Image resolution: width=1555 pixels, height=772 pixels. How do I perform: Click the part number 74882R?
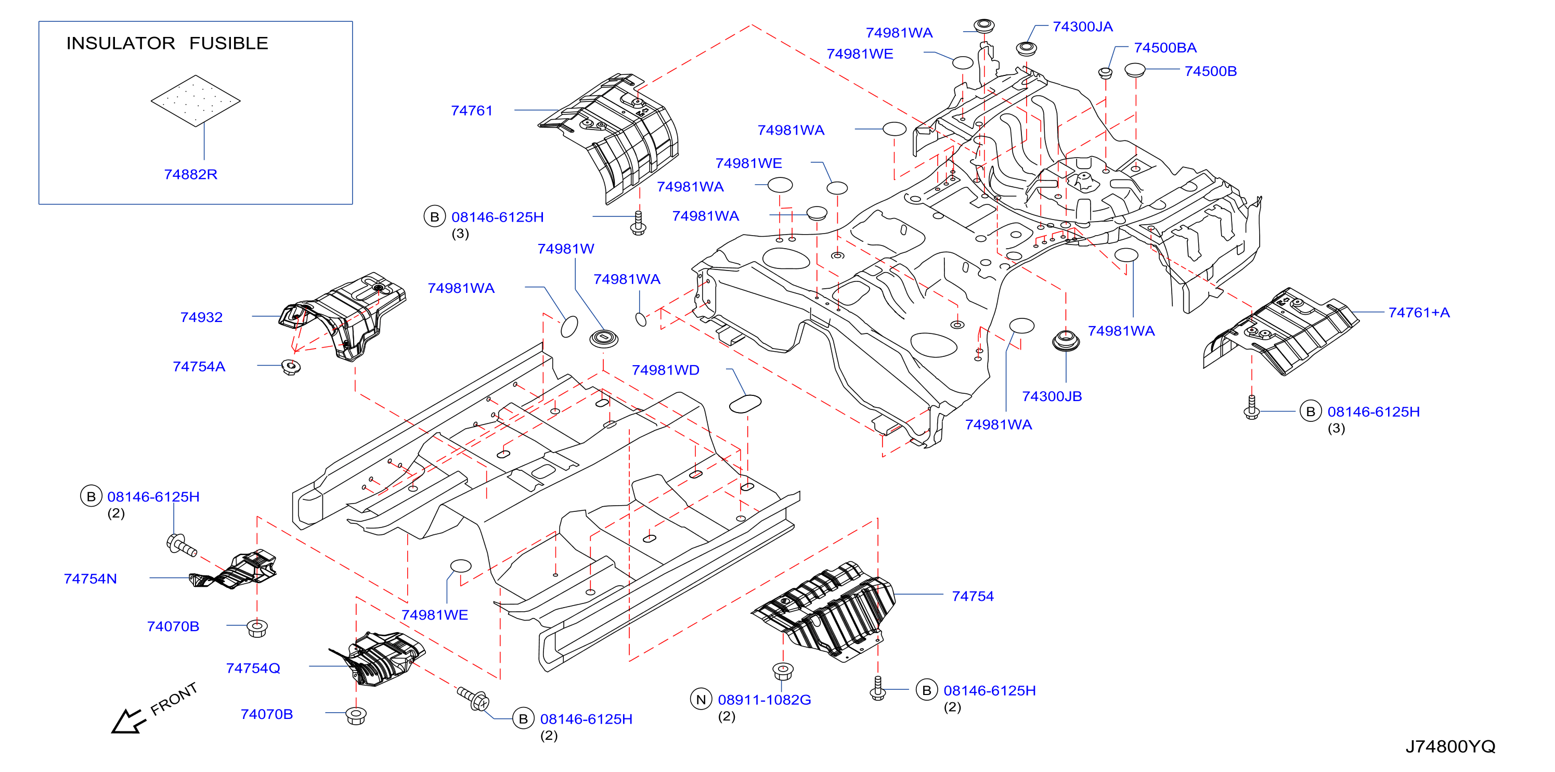[191, 174]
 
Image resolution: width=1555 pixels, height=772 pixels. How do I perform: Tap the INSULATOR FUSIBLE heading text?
[167, 44]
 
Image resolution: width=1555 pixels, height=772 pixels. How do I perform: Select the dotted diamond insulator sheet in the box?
[196, 101]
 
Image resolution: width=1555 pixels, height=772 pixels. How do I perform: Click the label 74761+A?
[1419, 313]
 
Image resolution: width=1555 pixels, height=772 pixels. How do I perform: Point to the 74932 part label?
[202, 317]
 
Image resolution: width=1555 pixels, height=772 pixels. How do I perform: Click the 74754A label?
[199, 367]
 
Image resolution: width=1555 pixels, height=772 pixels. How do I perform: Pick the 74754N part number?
[90, 579]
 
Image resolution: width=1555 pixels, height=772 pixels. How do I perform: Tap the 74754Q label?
[253, 668]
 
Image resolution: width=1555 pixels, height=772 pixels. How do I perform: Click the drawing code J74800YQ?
[1450, 747]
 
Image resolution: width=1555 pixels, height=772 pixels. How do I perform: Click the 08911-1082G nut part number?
[764, 700]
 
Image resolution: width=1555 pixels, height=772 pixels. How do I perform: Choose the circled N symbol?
[701, 700]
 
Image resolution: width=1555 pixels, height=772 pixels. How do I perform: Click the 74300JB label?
[1052, 396]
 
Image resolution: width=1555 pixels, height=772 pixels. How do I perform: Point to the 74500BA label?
[1165, 48]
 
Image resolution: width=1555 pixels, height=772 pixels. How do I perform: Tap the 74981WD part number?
[665, 370]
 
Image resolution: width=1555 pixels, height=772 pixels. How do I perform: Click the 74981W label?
[566, 249]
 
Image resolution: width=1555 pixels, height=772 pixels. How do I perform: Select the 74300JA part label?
[1082, 27]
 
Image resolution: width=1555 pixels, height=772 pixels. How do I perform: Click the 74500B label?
[1210, 71]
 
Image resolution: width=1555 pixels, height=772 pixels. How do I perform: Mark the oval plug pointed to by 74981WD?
[745, 404]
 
